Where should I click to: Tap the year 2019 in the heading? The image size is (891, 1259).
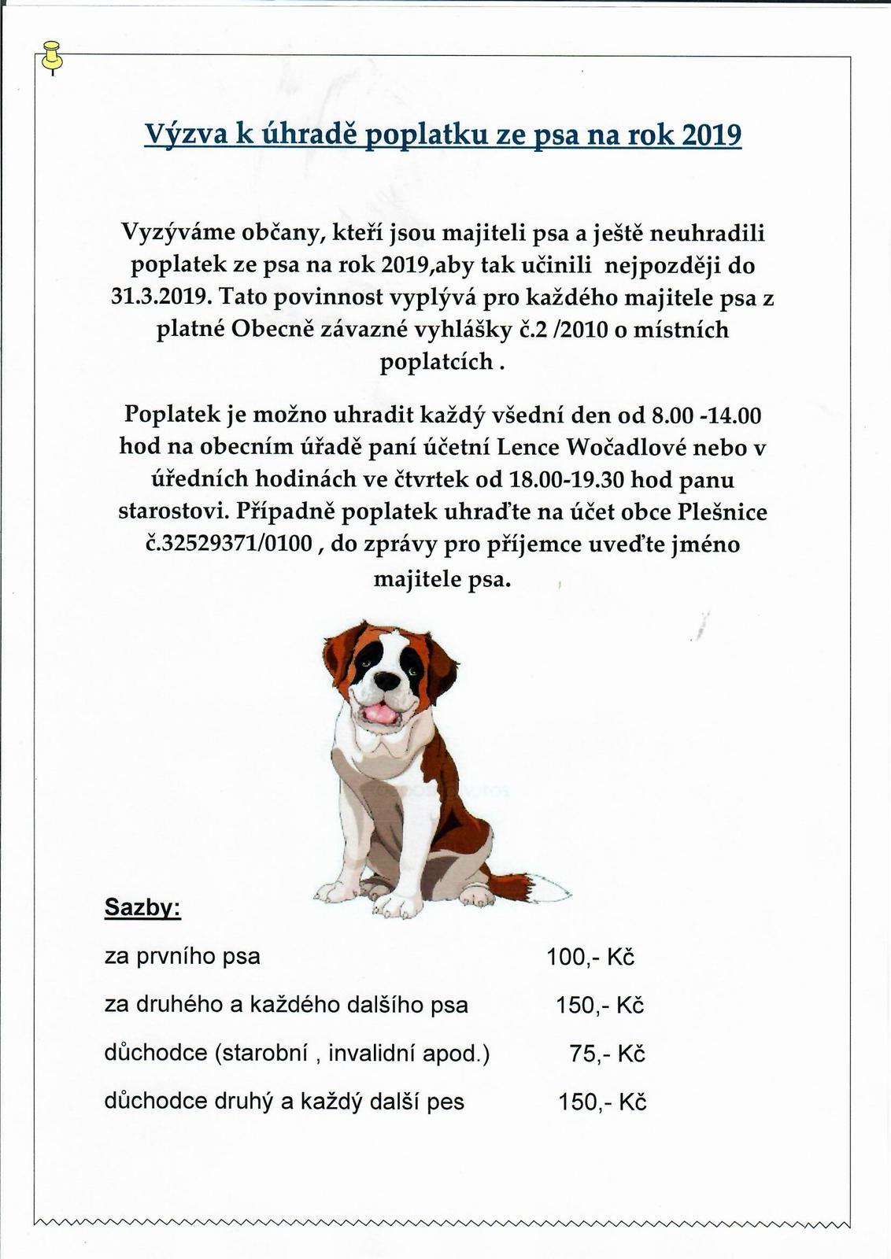click(x=711, y=135)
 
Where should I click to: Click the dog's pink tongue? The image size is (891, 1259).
click(x=379, y=713)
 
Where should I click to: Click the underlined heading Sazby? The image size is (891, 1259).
click(x=143, y=908)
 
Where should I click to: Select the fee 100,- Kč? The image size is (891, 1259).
click(x=590, y=957)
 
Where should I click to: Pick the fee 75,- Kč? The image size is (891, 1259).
click(x=607, y=1054)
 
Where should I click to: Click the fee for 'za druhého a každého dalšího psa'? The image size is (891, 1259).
click(x=600, y=1005)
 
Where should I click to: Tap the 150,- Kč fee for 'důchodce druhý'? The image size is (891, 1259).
click(x=602, y=1102)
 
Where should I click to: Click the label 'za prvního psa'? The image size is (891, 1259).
click(x=182, y=957)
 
